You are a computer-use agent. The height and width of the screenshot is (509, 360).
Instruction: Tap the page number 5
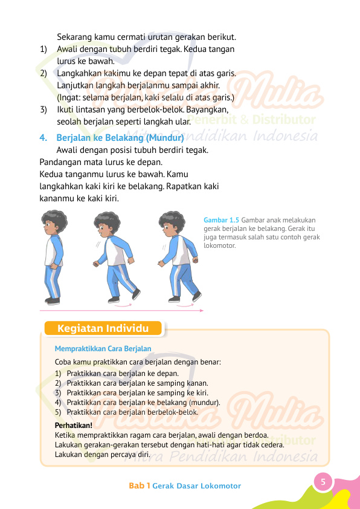point(323,482)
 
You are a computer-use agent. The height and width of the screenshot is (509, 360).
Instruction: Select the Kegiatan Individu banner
point(103,329)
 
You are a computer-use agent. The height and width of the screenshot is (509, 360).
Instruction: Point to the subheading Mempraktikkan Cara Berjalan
point(103,349)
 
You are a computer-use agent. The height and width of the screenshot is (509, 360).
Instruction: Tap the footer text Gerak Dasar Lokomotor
point(197,486)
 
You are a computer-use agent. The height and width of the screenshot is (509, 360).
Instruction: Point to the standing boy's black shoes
point(53,300)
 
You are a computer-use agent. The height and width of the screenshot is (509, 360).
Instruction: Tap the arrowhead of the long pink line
point(201,311)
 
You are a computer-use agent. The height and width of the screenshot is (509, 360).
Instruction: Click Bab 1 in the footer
point(140,486)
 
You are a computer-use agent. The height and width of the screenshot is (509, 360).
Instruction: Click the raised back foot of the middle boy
point(136,294)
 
